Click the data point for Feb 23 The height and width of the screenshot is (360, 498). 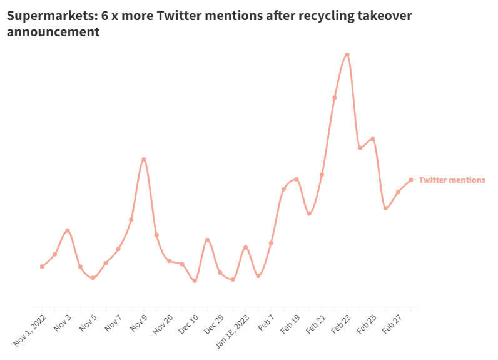click(x=347, y=54)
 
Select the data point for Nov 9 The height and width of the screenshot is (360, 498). click(x=144, y=159)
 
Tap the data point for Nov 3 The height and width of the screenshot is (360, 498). click(x=68, y=231)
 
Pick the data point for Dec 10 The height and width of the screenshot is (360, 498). click(x=195, y=280)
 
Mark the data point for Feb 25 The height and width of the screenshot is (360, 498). click(x=373, y=139)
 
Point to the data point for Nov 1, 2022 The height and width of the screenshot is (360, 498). click(x=42, y=267)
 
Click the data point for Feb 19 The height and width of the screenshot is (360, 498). click(x=297, y=179)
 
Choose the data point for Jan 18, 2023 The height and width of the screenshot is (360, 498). click(x=245, y=247)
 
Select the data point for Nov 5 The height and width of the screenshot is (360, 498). click(x=93, y=277)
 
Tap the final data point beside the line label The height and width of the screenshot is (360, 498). click(x=411, y=180)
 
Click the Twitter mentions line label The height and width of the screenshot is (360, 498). click(x=452, y=180)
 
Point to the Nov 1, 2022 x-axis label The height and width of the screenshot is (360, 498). click(x=29, y=331)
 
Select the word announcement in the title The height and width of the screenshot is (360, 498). click(x=53, y=32)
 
